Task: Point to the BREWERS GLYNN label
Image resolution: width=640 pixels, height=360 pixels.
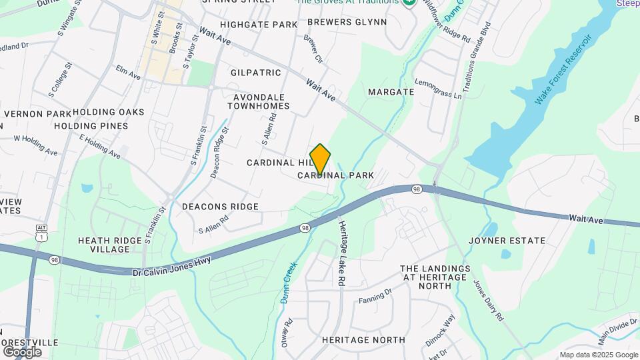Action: click(347, 22)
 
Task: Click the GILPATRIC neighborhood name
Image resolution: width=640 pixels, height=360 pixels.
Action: click(256, 72)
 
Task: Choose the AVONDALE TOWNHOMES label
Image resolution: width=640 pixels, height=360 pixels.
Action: click(261, 101)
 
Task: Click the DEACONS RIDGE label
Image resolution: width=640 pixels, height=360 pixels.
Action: click(220, 207)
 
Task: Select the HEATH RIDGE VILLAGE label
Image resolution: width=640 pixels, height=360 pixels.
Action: click(104, 245)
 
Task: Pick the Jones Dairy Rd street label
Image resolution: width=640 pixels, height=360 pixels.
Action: click(487, 300)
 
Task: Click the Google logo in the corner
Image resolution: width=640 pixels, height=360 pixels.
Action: click(22, 351)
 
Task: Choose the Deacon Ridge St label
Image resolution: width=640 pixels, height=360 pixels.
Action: click(219, 153)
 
